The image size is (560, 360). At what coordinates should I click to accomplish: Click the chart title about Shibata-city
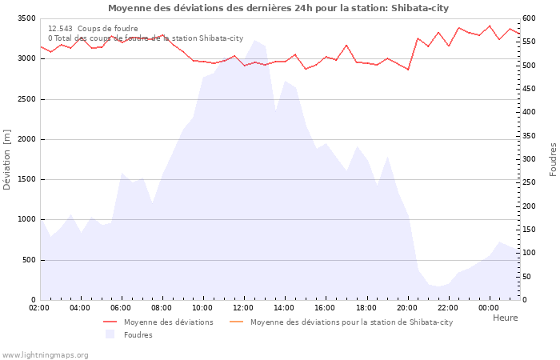(278, 8)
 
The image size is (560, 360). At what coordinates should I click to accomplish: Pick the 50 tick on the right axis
(528, 277)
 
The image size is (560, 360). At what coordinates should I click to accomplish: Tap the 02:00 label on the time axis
(40, 307)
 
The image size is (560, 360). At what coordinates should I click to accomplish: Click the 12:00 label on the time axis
(244, 307)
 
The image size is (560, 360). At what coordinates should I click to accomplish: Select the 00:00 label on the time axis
(490, 307)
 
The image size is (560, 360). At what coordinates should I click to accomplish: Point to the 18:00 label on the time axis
(366, 307)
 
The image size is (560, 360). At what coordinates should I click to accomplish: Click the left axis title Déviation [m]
(7, 159)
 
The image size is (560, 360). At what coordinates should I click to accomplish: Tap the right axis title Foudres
(553, 159)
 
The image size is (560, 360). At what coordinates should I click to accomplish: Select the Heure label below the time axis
(505, 318)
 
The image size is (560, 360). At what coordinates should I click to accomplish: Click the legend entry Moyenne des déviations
(168, 322)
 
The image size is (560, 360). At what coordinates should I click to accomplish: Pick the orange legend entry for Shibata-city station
(351, 322)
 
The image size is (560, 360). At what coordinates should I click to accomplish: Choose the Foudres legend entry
(138, 335)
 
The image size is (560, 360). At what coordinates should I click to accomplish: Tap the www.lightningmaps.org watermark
(45, 355)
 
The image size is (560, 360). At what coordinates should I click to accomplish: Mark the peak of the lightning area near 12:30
(254, 40)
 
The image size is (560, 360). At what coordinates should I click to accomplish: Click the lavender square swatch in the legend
(110, 335)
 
